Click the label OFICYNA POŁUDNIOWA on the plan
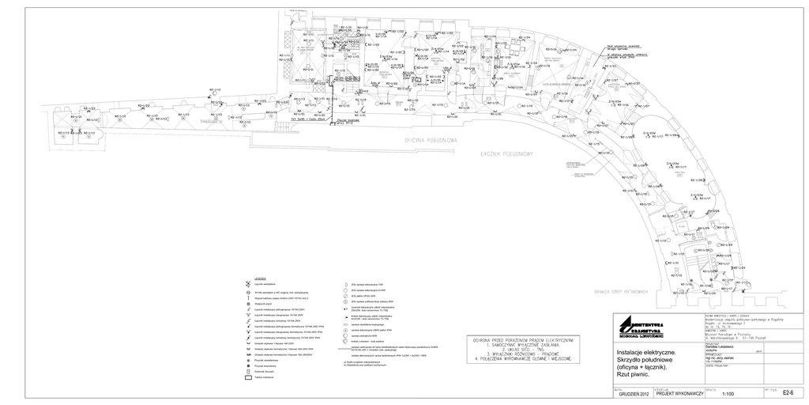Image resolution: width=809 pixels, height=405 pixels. click(431, 140)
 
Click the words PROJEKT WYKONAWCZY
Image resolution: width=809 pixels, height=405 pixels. click(679, 393)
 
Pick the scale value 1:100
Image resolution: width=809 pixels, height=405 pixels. click(728, 393)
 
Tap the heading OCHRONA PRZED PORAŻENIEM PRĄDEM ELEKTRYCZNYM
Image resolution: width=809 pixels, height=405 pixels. click(521, 338)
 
